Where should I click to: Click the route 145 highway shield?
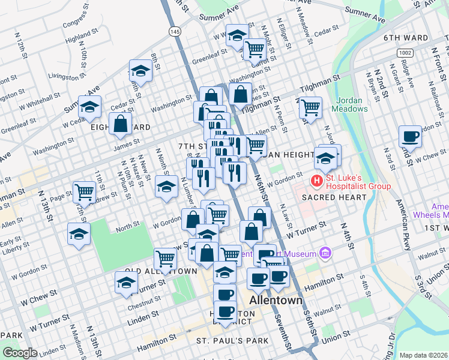pos(175,31)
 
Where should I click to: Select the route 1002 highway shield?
pos(404,53)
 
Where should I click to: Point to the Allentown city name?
pos(274,300)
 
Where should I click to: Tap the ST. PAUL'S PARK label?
pos(233,341)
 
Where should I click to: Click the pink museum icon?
pos(325,253)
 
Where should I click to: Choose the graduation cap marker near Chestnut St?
pos(126,283)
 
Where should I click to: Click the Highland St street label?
pos(78,37)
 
